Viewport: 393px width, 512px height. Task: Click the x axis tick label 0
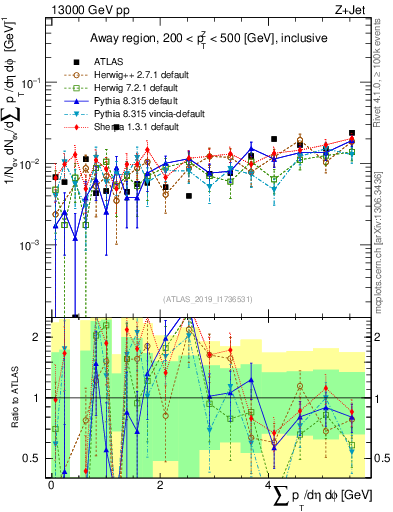pyautogui.click(x=51, y=483)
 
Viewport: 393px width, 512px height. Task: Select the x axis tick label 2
pyautogui.click(x=160, y=483)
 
